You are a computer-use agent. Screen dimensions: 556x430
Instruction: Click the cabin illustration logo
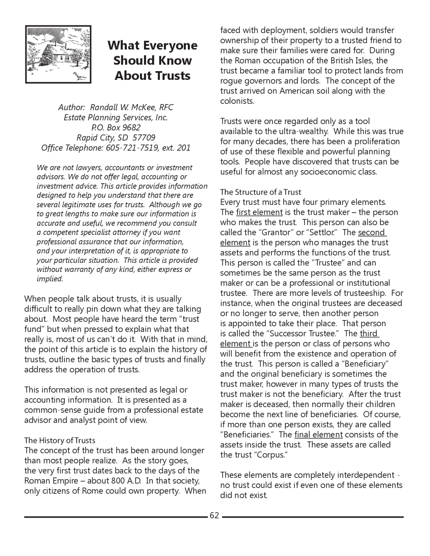[x=58, y=54]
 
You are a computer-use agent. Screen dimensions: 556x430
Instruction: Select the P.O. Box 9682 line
[x=116, y=128]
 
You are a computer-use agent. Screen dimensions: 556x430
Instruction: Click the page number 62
[x=214, y=515]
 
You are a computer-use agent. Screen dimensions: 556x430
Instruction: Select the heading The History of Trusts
[x=60, y=441]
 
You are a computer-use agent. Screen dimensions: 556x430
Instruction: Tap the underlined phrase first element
[x=259, y=212]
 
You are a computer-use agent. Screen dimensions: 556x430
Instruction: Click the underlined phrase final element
[x=318, y=434]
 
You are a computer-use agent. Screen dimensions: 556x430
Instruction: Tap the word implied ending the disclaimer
[x=49, y=279]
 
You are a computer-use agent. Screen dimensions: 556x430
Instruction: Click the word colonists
[x=237, y=101]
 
